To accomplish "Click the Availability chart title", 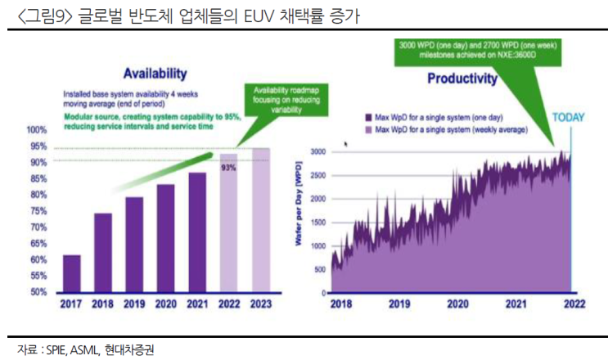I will [x=149, y=72].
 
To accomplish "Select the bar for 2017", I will [x=72, y=272].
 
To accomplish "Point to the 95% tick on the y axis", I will [x=37, y=146].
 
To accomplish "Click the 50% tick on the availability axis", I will [x=37, y=291].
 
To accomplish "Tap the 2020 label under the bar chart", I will [x=165, y=304].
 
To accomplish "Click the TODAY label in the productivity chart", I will [x=570, y=117].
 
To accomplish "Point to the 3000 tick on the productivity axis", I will [x=318, y=152].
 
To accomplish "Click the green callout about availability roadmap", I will [x=283, y=99].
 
